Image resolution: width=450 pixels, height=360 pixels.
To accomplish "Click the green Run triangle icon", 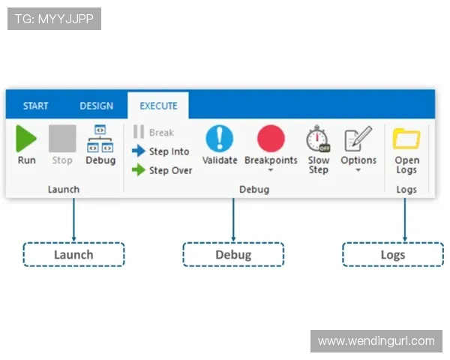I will tap(26, 139).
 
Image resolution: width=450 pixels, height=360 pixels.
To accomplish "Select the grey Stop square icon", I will tap(62, 139).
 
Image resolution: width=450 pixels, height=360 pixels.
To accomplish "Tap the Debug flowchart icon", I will tap(100, 139).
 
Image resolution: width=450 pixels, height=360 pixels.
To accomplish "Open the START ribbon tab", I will tap(35, 106).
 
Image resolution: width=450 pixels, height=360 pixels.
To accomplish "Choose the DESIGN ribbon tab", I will tap(96, 106).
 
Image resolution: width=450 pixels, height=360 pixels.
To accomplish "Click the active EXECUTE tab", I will tap(158, 106).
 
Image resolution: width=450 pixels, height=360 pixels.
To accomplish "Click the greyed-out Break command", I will tap(154, 133).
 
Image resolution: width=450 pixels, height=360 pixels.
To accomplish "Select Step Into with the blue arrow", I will tap(161, 151).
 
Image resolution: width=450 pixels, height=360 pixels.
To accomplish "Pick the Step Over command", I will tap(163, 170).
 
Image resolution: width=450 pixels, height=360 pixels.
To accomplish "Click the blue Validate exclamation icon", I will tap(220, 139).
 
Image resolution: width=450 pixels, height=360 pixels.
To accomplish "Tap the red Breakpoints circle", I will tap(271, 139).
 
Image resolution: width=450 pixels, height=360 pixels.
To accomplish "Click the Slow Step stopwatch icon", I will tap(318, 139).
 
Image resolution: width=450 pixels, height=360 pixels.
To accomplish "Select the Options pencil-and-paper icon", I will tap(358, 139).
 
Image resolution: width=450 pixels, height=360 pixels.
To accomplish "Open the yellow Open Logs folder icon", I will tap(406, 139).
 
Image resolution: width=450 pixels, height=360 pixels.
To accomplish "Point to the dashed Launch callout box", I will tap(73, 254).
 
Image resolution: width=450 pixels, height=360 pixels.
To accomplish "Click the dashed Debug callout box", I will tap(233, 254).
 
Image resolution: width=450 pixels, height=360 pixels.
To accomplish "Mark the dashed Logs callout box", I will tap(392, 254).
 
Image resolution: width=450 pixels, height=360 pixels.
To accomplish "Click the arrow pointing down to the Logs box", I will tap(405, 221).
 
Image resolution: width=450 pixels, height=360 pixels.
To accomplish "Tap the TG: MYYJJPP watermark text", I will tap(54, 19).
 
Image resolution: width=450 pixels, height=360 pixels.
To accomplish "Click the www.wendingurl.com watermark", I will tap(375, 341).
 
